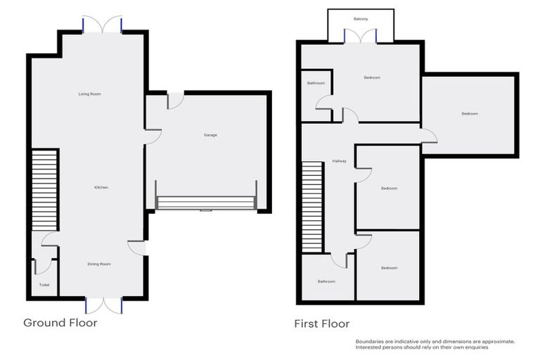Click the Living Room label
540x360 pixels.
[x=90, y=94]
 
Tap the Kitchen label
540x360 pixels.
[x=101, y=187]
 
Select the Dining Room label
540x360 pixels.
[x=99, y=264]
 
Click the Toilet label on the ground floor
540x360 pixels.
[x=44, y=285]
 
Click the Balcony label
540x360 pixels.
[x=361, y=19]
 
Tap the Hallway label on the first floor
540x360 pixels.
[x=340, y=162]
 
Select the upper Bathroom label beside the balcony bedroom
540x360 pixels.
[x=316, y=84]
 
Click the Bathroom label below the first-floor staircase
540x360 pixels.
[x=326, y=281]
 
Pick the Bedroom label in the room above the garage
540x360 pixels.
[x=469, y=114]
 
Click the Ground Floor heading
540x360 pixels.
[x=60, y=323]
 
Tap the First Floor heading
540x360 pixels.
[x=321, y=323]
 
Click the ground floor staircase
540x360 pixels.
[x=44, y=191]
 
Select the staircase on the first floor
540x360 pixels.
[x=312, y=206]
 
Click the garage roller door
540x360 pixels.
[x=206, y=203]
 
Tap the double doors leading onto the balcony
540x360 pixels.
[x=361, y=37]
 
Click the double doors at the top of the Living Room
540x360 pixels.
[x=103, y=25]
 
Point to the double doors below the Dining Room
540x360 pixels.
[x=103, y=304]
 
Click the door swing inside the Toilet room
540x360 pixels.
[x=44, y=265]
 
